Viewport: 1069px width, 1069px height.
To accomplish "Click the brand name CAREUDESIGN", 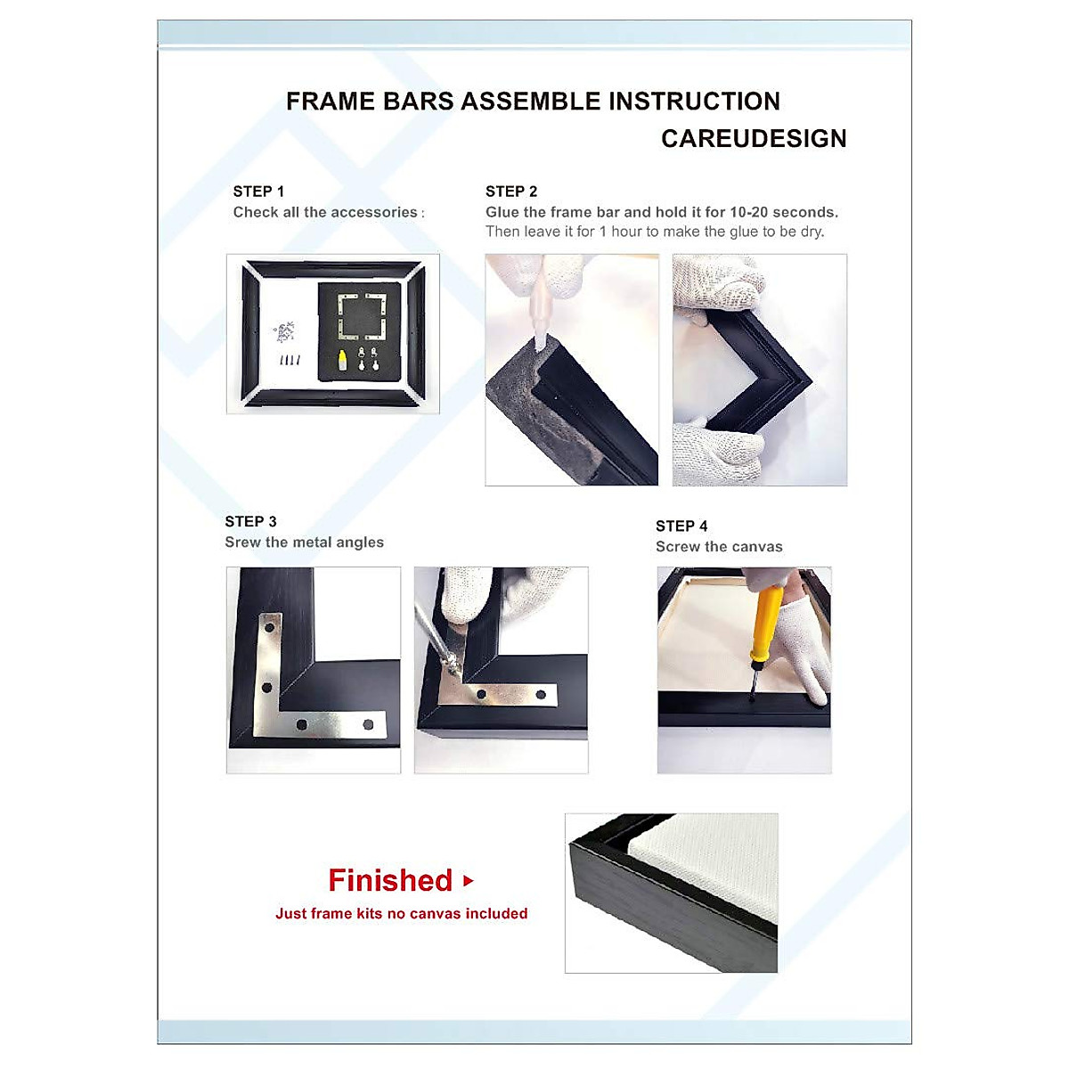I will pos(754,139).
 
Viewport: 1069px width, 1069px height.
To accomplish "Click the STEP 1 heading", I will pos(258,192).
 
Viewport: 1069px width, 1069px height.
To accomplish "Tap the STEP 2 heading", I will pos(511,192).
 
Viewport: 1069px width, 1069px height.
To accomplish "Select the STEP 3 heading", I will pos(250,522).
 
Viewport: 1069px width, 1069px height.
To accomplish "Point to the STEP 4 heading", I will pos(681,526).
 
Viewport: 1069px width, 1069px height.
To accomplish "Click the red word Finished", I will pos(390,881).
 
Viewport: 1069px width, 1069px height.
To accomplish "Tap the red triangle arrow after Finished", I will pos(469,881).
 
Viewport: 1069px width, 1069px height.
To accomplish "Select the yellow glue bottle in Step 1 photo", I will pos(341,361).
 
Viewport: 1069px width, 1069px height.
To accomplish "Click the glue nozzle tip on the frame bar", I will pos(540,342).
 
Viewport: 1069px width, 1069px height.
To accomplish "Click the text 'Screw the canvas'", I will pos(719,547).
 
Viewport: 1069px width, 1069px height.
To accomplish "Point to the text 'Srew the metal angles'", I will pos(304,543).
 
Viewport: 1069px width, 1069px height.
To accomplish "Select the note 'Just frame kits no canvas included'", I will pos(401,914).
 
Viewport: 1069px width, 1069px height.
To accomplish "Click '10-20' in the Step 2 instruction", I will pos(748,213).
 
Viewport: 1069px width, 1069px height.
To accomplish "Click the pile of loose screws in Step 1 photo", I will pos(285,332).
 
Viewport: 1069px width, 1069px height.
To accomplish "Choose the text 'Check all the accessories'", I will pos(325,213).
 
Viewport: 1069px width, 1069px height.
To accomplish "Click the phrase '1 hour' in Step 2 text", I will pos(620,233).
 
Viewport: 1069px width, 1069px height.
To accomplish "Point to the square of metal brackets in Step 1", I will pos(361,317).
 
